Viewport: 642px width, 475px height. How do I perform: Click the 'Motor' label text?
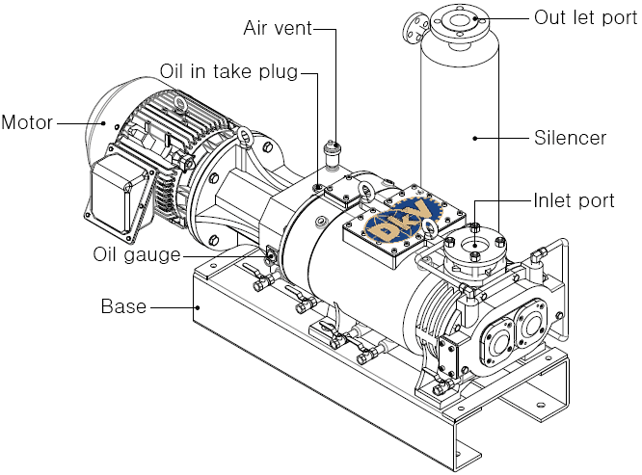[27, 122]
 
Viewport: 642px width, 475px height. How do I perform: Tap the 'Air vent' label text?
[278, 28]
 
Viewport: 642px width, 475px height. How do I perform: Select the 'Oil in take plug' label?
[228, 71]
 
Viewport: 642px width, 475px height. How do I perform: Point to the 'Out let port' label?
[585, 18]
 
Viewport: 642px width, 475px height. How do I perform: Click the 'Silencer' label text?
[570, 138]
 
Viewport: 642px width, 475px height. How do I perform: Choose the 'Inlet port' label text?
[574, 200]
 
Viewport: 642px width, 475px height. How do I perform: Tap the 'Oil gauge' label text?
[137, 254]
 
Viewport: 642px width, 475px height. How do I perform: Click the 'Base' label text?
[123, 306]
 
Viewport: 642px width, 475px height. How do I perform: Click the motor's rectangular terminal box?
[118, 198]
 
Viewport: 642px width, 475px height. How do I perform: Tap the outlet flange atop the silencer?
[459, 24]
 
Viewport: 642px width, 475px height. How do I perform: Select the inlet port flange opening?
[474, 246]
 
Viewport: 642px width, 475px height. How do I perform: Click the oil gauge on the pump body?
[271, 255]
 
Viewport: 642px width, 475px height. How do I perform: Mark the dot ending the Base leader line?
[198, 306]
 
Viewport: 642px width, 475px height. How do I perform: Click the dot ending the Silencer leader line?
[475, 139]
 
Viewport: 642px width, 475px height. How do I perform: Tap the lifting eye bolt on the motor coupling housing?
[246, 138]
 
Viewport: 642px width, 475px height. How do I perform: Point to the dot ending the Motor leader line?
[103, 122]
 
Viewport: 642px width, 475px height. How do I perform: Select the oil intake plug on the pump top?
[318, 187]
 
